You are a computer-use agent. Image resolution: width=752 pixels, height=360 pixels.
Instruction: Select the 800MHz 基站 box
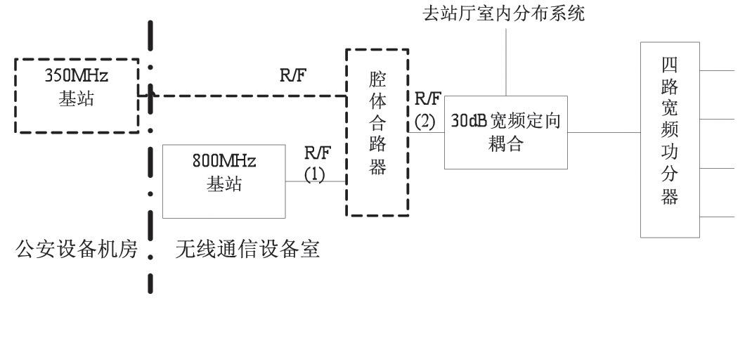pyautogui.click(x=224, y=181)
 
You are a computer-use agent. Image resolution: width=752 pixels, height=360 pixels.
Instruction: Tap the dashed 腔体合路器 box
pyautogui.click(x=377, y=132)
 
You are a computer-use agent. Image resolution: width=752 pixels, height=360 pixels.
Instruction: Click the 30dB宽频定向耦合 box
pyautogui.click(x=506, y=131)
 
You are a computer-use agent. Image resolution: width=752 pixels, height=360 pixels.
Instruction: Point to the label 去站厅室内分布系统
pyautogui.click(x=503, y=13)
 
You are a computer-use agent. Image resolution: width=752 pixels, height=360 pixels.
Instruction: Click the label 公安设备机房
pyautogui.click(x=78, y=250)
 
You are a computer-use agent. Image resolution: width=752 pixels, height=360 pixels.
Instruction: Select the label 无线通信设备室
pyautogui.click(x=247, y=250)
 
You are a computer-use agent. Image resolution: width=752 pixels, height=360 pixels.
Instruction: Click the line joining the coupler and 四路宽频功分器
pyautogui.click(x=604, y=131)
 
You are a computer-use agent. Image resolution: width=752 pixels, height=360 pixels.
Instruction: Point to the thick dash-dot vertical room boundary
pyautogui.click(x=150, y=211)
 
